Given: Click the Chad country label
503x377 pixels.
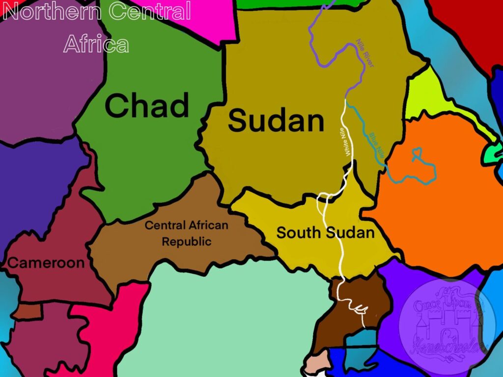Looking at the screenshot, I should pos(147,106).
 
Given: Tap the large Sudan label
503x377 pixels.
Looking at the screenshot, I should pos(276,121).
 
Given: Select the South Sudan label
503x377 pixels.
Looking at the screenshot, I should pos(325,232).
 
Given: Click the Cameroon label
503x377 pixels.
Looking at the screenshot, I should pos(46,263).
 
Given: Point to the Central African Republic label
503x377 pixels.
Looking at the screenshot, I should pos(187,233).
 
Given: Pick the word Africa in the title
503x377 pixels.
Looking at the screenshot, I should pos(96,44).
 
